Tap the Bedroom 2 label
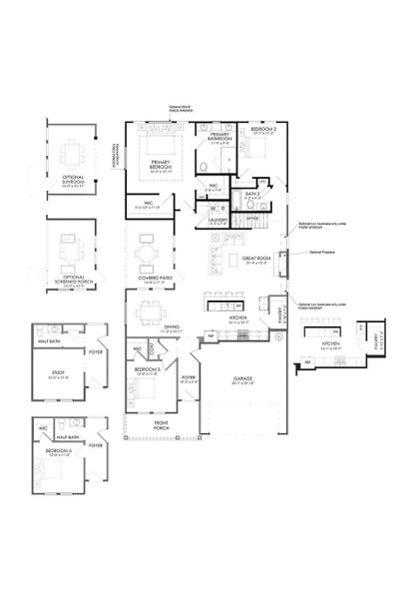[x=264, y=131]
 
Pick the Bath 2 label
[x=250, y=195]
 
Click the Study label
[x=56, y=374]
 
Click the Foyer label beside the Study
[x=96, y=351]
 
